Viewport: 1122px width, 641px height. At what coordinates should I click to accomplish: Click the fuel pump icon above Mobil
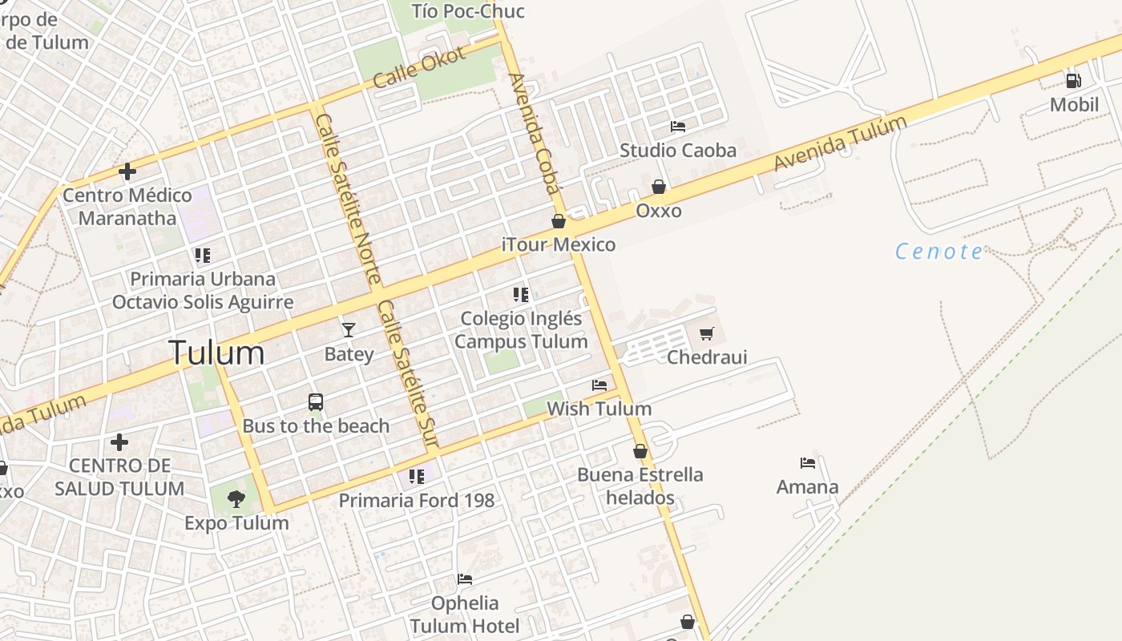pos(1073,80)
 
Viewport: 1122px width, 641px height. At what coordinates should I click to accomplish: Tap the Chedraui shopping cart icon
pos(706,333)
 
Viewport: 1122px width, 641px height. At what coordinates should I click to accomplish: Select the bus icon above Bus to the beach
pos(316,401)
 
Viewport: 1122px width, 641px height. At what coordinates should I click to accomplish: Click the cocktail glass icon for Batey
pos(348,329)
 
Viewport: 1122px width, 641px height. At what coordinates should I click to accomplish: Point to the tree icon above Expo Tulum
pos(236,499)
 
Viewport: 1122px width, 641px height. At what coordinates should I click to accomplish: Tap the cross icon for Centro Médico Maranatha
pos(127,171)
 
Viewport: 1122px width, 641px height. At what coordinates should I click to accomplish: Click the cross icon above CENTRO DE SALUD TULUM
pos(119,441)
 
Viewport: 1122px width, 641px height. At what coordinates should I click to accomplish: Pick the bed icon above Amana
pos(807,463)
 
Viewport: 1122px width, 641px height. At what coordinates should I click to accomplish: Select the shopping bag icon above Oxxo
pos(658,187)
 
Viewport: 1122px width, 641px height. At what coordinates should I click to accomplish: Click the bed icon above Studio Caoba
pos(677,127)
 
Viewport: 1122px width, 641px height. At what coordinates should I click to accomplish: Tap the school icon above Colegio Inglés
pos(521,295)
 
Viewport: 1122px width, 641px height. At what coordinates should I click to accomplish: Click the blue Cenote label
pos(938,252)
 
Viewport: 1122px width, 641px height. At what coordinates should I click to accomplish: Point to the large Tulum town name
pos(216,353)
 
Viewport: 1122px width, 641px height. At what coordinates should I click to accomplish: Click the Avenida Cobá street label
pos(532,134)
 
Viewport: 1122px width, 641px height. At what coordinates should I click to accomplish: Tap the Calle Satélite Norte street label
pos(348,199)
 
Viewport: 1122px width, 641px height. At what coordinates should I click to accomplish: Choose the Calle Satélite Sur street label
pos(408,373)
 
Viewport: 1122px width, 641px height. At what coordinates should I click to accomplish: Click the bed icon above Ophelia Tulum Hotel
pos(464,579)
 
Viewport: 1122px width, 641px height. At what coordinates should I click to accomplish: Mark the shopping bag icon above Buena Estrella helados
pos(640,451)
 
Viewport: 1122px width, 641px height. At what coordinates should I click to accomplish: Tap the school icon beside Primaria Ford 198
pos(417,477)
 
